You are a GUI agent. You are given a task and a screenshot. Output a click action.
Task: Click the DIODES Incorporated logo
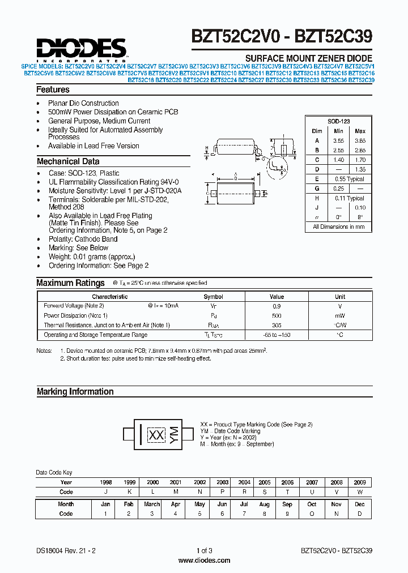coord(81,49)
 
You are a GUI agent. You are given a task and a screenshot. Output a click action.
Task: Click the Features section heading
coord(53,89)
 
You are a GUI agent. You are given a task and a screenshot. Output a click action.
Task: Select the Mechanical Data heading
coord(68,161)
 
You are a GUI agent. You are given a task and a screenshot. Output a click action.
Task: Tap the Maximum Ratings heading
coord(70,283)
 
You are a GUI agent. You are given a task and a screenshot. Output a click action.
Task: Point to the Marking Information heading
coord(75,392)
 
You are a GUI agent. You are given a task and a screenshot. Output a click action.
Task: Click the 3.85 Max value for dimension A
coord(360,140)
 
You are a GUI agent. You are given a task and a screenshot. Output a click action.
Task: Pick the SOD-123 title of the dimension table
coord(338,122)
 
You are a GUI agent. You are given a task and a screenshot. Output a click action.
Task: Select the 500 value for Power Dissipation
coord(277,315)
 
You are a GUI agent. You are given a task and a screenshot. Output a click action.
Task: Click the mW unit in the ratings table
coord(340,315)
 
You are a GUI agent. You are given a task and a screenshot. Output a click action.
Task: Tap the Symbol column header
coord(213,297)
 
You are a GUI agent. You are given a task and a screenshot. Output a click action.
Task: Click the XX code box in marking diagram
coord(156,435)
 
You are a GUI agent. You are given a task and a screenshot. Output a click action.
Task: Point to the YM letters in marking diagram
coord(175,434)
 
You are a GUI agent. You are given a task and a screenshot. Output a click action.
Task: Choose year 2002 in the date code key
coord(199,482)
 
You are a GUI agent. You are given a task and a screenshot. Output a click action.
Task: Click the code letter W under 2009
coord(359,492)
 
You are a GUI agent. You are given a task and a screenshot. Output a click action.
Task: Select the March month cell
coord(152,504)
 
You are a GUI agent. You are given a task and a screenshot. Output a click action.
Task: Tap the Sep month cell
coord(287,504)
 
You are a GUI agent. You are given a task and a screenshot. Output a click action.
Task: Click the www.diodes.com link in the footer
coord(204,561)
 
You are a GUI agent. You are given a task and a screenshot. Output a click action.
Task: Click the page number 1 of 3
coord(204,550)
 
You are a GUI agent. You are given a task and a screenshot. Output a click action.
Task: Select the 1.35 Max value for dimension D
coord(360,169)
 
